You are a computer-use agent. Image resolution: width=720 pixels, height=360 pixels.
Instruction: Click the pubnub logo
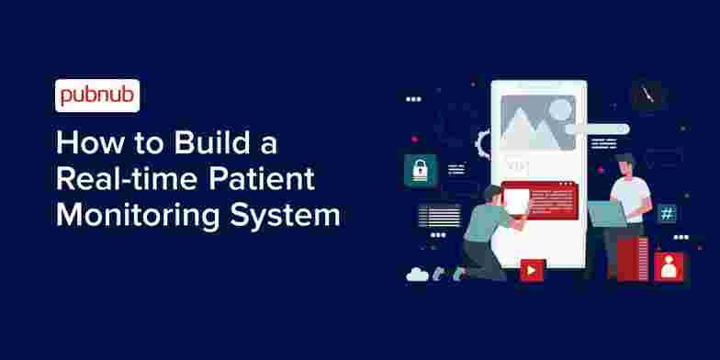pyautogui.click(x=97, y=96)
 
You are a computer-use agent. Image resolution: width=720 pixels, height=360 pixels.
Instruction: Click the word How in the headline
pyautogui.click(x=82, y=145)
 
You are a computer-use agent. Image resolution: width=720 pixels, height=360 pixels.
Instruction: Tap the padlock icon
pyautogui.click(x=420, y=170)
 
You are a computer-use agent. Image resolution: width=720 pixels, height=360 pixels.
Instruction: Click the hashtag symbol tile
pyautogui.click(x=668, y=214)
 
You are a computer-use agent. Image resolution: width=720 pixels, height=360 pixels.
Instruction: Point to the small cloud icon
pyautogui.click(x=418, y=273)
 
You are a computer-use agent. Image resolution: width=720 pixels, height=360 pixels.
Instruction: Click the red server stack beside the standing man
pyautogui.click(x=634, y=257)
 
